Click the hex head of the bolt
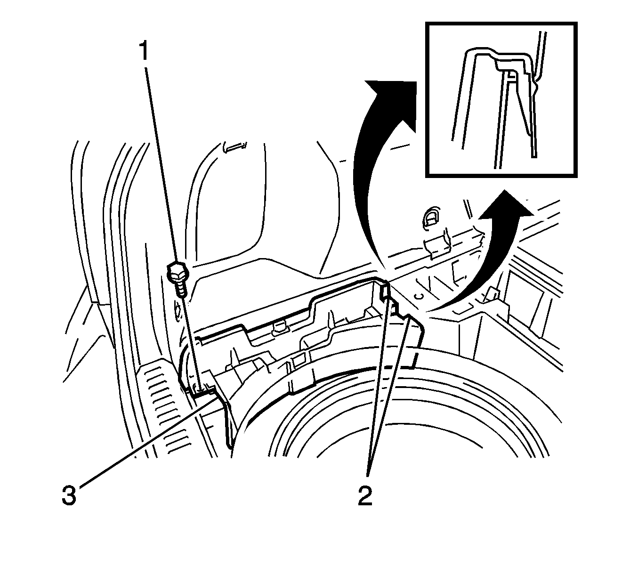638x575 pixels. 176,272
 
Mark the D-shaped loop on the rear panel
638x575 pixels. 430,216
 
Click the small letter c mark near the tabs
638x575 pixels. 418,296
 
